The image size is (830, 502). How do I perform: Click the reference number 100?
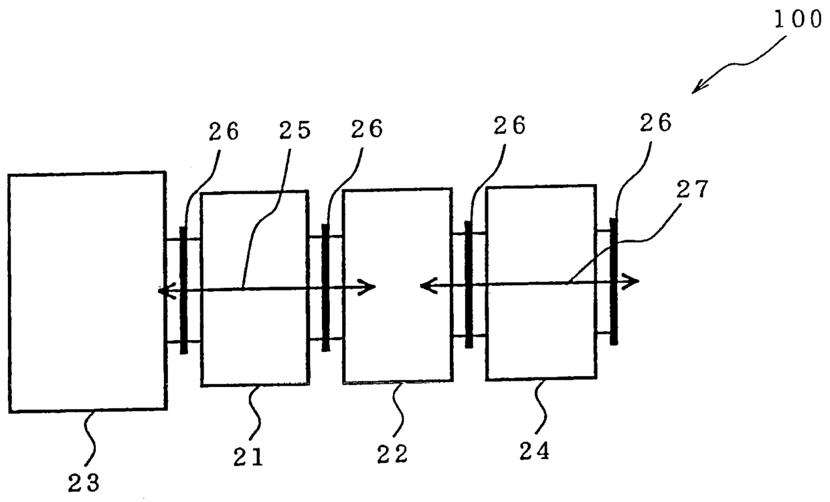(797, 19)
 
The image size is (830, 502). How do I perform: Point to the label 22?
(392, 455)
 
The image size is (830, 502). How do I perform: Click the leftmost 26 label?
(222, 131)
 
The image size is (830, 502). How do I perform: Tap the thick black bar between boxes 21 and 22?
(326, 287)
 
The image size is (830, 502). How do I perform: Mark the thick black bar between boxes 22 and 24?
(469, 284)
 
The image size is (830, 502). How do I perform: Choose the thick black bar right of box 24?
(613, 281)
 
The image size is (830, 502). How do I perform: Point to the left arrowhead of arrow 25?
(163, 291)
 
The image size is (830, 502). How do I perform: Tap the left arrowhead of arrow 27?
(426, 286)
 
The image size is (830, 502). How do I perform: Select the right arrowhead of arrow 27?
(633, 281)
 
